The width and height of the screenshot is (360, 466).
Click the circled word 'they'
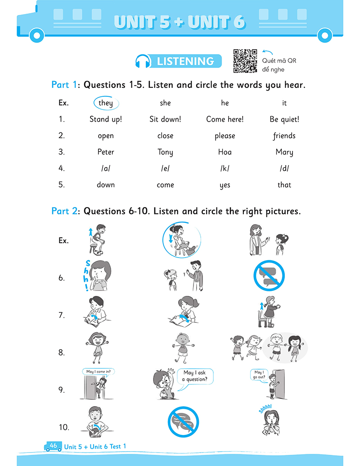(x=106, y=103)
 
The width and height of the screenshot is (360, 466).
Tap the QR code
(x=245, y=61)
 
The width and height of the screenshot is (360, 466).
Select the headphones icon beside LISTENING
(x=143, y=61)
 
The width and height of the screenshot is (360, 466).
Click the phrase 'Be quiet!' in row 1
(x=284, y=119)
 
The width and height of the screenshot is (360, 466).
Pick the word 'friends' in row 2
(x=284, y=136)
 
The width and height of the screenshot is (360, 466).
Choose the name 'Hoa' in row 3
(x=225, y=152)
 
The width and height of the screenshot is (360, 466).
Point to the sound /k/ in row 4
(x=225, y=168)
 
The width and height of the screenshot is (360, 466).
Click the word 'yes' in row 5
(x=225, y=185)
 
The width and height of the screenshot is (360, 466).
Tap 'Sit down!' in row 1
(x=165, y=119)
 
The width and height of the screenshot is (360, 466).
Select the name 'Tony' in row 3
(x=165, y=152)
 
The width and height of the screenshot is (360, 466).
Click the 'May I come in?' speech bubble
(x=98, y=372)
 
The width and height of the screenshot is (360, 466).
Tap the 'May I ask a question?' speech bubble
(x=196, y=376)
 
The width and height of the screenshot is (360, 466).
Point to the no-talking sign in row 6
(x=269, y=276)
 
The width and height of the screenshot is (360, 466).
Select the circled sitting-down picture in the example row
(x=182, y=240)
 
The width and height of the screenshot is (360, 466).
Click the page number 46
(x=54, y=445)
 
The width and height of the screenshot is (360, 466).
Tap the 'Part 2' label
(x=64, y=211)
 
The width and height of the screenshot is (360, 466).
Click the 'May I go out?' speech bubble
(x=259, y=375)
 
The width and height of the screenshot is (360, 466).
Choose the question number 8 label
(x=62, y=353)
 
